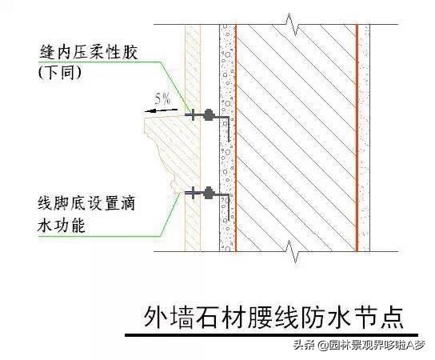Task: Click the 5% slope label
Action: [163, 98]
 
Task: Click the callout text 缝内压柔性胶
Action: [89, 52]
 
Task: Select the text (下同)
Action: [60, 73]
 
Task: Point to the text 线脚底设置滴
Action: [86, 203]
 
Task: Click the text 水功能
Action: [61, 225]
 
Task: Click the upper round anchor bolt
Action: [209, 114]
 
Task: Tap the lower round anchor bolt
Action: [209, 193]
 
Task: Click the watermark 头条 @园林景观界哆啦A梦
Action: [359, 346]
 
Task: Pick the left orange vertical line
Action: [236, 138]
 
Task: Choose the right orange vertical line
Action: [357, 138]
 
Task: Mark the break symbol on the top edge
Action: [293, 25]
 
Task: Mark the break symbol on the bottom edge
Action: [293, 251]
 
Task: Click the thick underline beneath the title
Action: [271, 335]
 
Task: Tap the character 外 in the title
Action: [154, 318]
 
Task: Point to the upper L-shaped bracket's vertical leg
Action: [229, 130]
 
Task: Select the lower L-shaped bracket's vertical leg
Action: [229, 208]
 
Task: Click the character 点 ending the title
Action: [393, 318]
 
